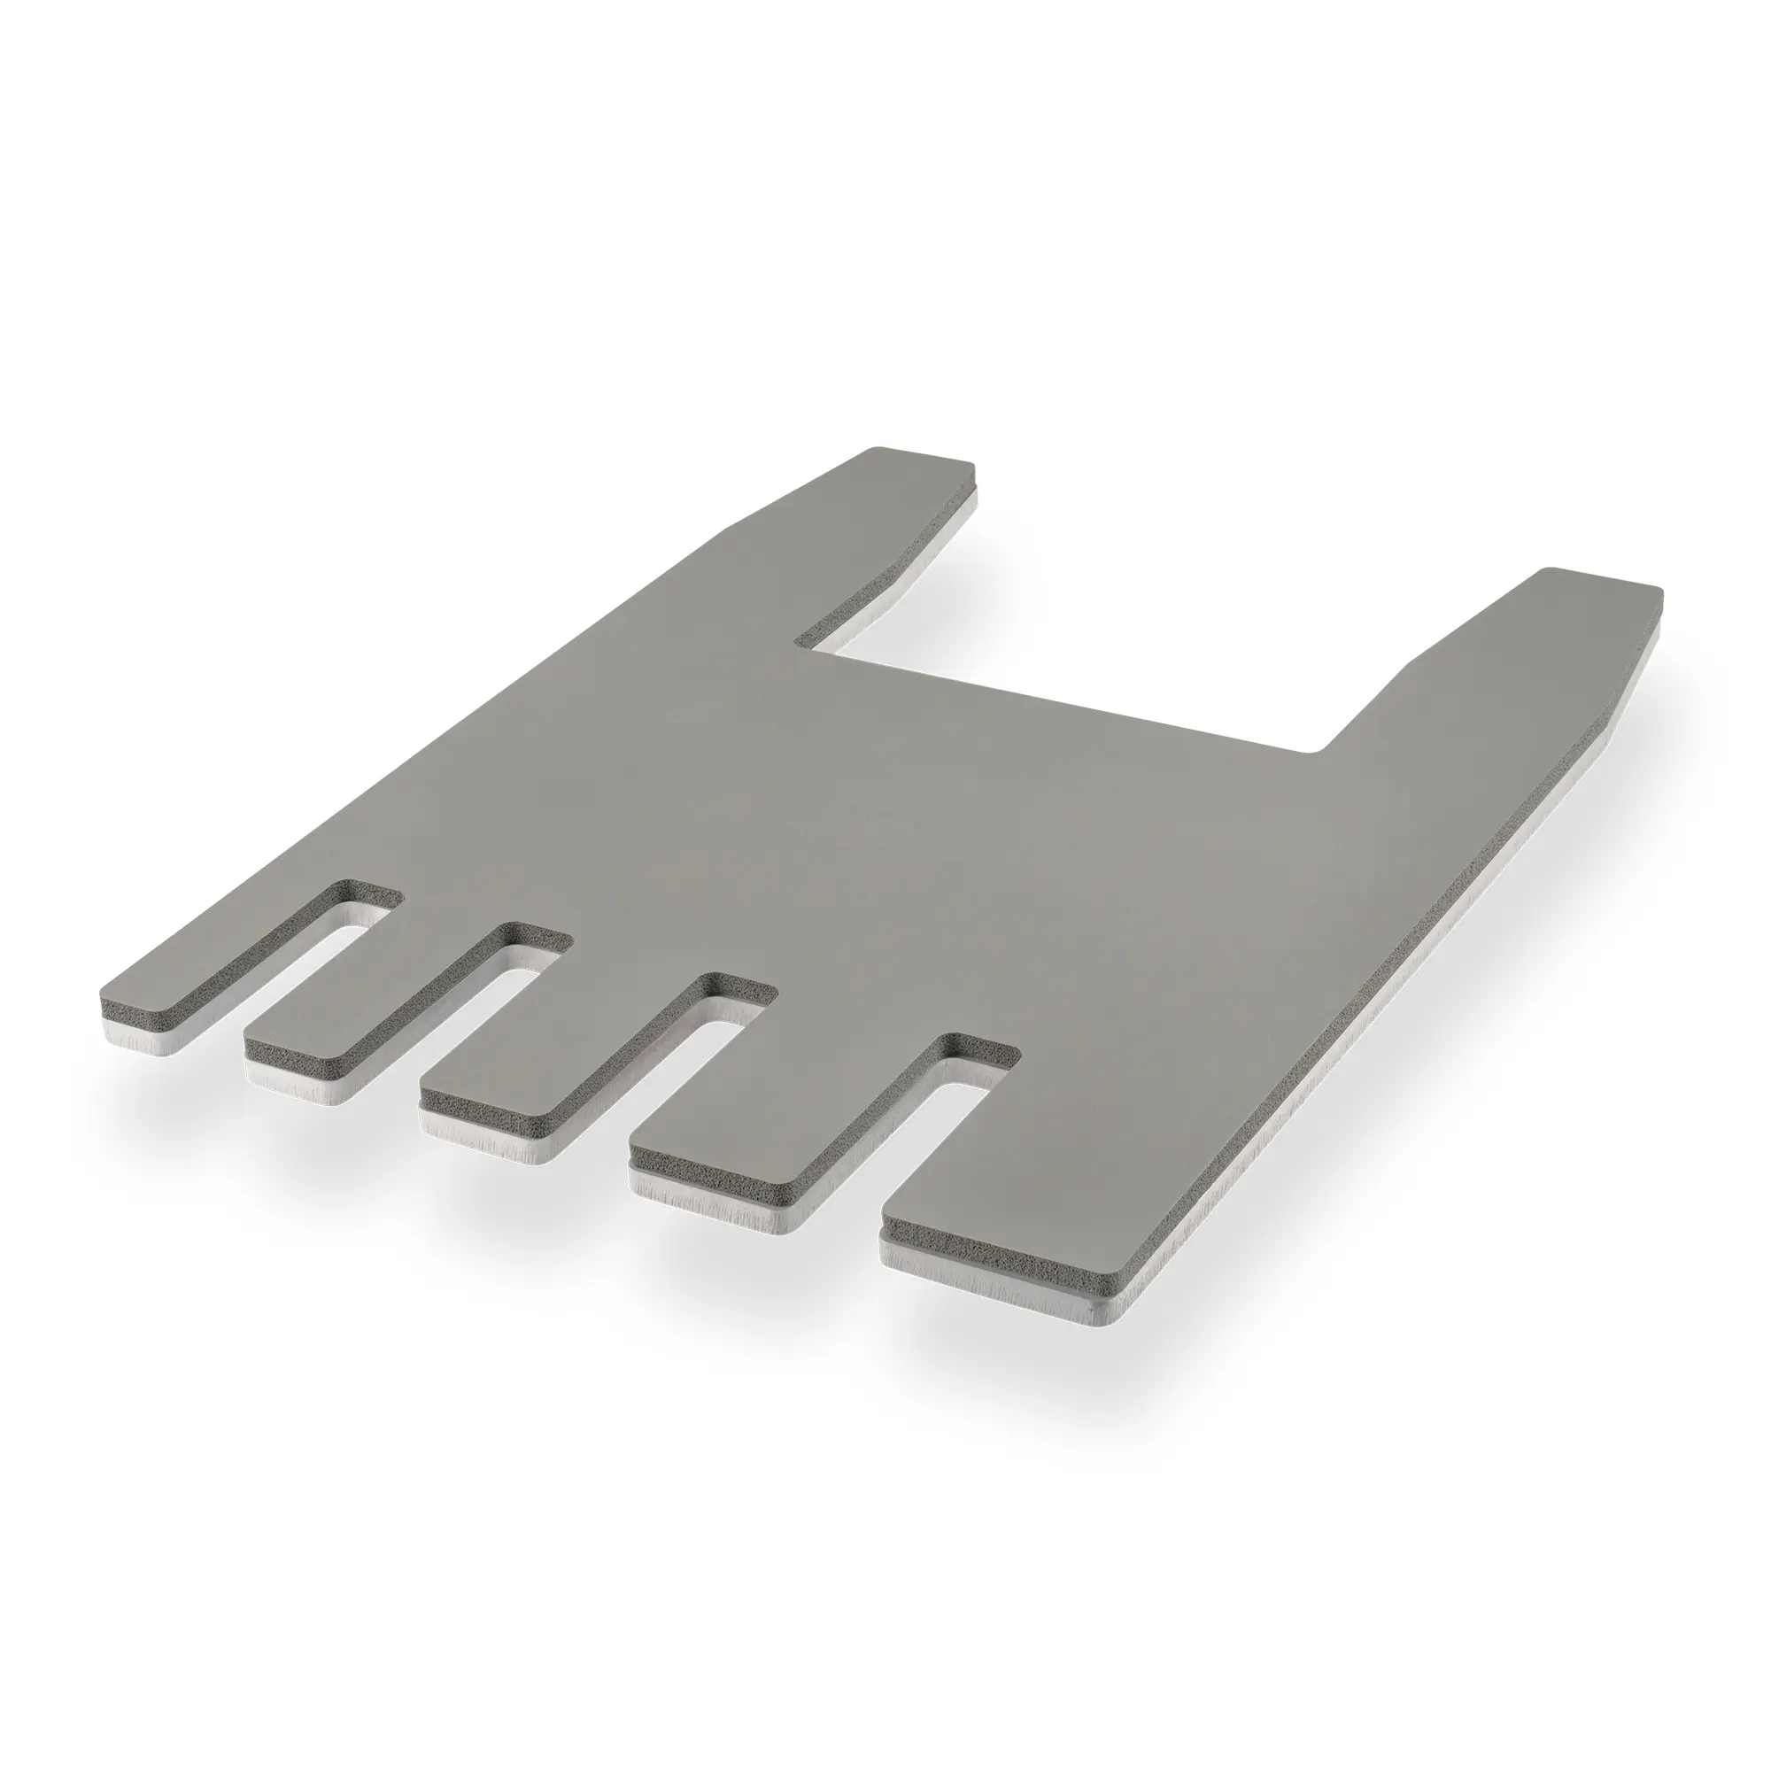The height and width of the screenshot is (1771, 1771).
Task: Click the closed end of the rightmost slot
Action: [x=981, y=1050]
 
